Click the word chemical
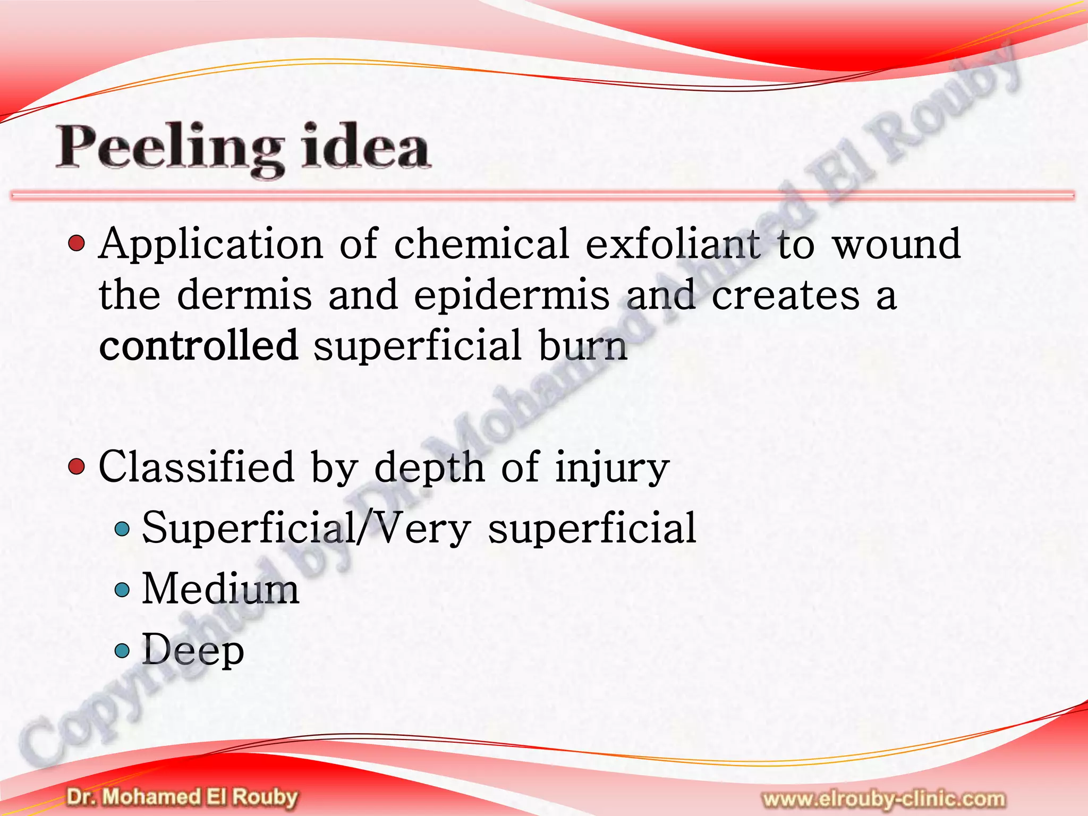coord(481,244)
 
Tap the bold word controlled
coord(198,345)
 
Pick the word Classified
coord(196,466)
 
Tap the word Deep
coord(193,650)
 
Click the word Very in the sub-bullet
coord(420,529)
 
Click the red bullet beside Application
coord(77,244)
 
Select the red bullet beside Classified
coord(77,467)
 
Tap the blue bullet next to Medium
coord(122,589)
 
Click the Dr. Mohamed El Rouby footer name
coord(182,797)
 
